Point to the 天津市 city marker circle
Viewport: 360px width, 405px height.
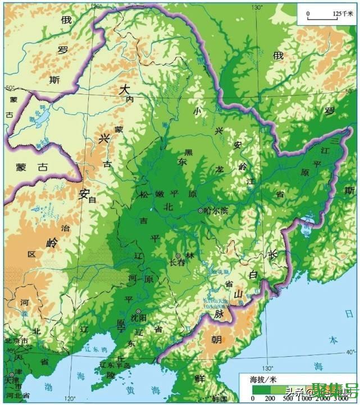(11, 375)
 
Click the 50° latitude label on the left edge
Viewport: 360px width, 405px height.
(10, 88)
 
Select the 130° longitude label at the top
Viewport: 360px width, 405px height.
(257, 7)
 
